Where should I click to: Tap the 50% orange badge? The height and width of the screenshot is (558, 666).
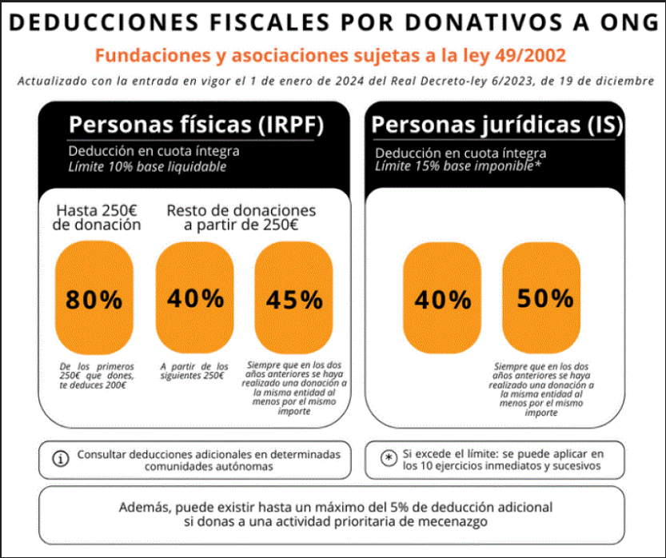[545, 299]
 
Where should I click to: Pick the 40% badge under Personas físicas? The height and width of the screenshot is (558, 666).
[195, 299]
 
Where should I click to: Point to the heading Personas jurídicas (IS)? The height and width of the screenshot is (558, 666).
[497, 125]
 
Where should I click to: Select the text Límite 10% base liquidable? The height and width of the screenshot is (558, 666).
[147, 166]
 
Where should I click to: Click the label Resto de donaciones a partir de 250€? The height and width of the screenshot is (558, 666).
[241, 217]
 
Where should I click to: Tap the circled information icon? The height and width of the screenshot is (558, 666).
[59, 459]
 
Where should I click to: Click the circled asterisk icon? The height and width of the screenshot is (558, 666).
[388, 458]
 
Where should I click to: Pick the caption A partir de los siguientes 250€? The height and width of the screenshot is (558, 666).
[193, 371]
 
